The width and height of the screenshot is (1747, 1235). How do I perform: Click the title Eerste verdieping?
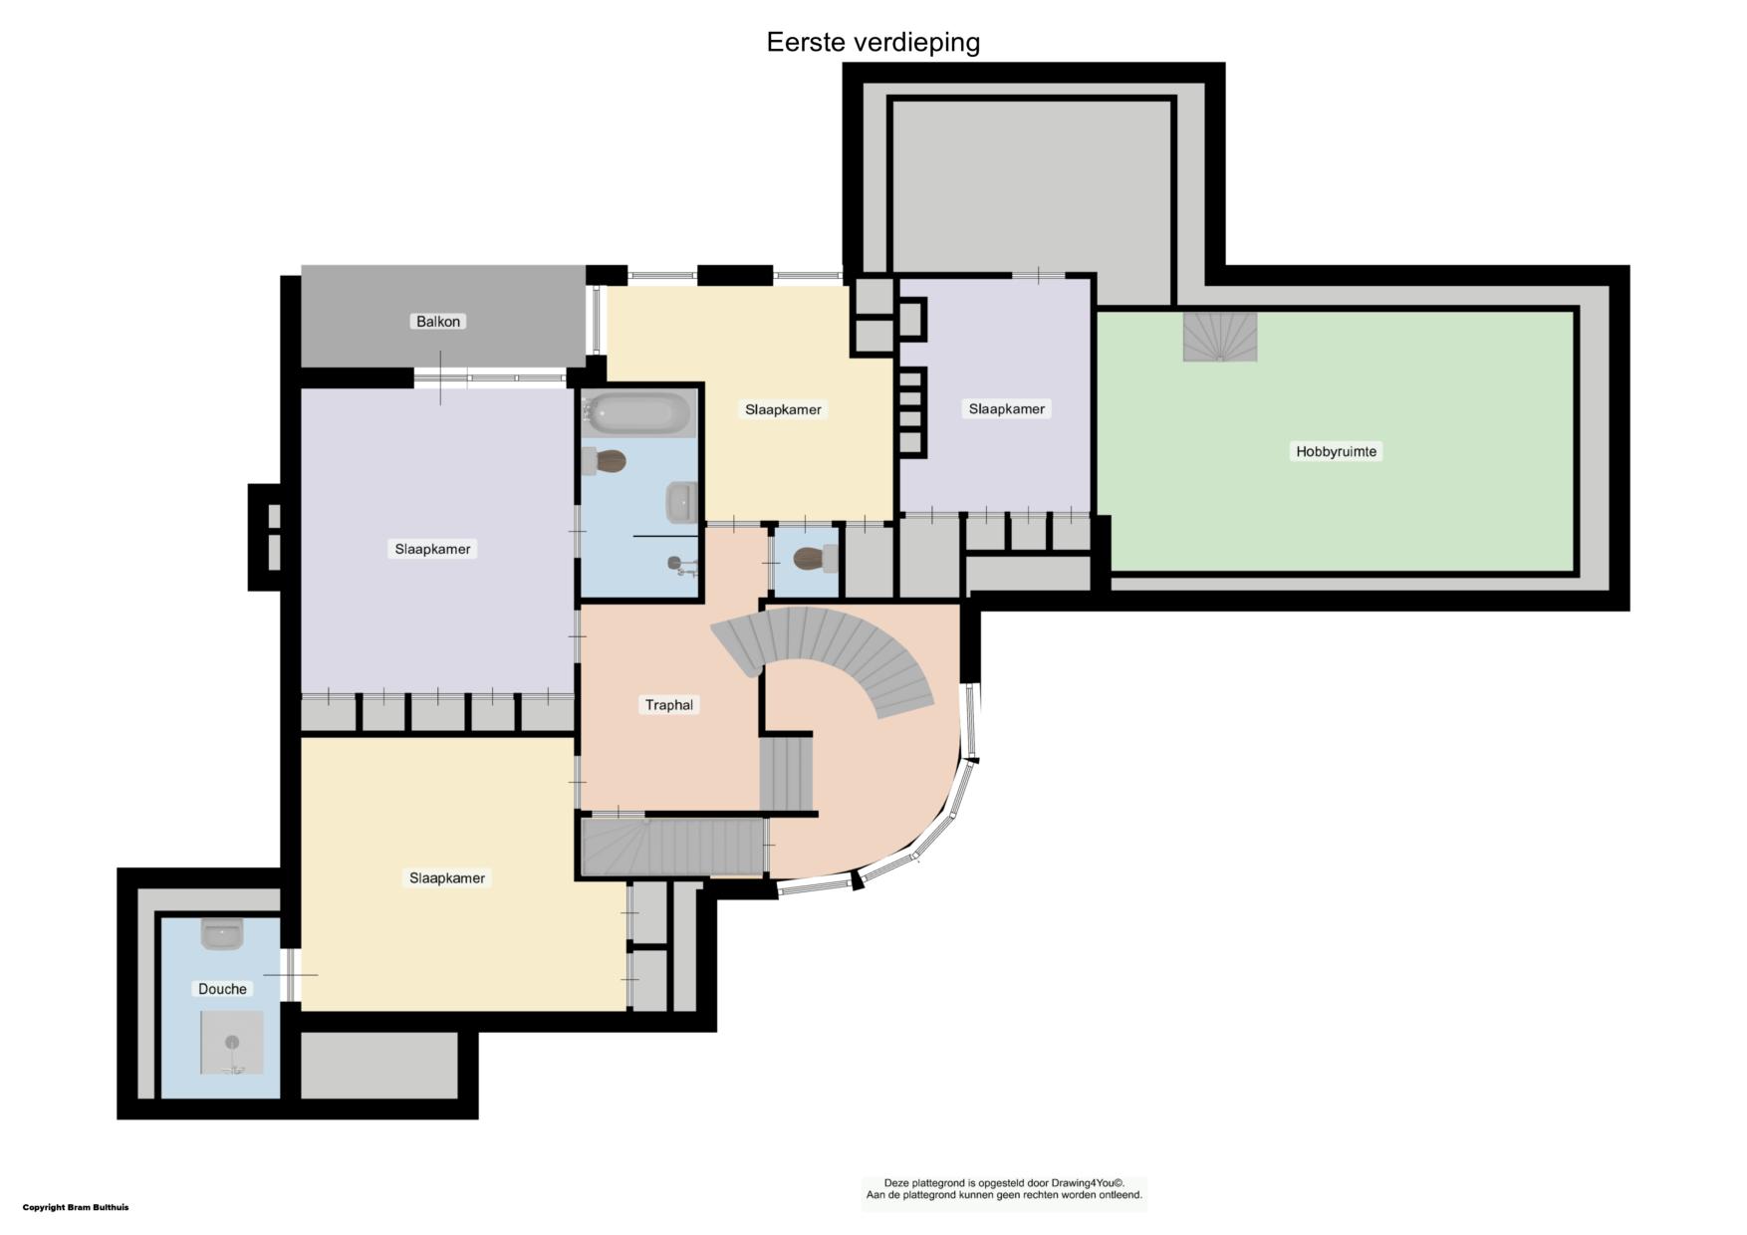point(873,43)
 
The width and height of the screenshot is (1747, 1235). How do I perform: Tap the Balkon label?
point(438,322)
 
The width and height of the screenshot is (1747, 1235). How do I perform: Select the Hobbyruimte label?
point(1336,451)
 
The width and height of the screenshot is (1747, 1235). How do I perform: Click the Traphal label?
point(669,705)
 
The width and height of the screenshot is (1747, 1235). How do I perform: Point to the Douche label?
point(222,989)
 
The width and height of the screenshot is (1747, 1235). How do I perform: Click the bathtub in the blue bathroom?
point(638,413)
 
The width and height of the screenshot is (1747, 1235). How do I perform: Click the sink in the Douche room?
point(222,933)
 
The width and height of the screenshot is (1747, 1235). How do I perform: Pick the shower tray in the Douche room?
point(232,1043)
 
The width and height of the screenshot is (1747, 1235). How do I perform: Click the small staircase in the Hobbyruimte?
point(1220,337)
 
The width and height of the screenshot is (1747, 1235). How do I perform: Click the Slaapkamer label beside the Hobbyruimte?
point(1007,409)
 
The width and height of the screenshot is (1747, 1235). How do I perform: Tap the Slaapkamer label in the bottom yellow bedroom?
point(447,878)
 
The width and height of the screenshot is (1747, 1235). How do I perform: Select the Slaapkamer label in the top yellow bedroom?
point(783,409)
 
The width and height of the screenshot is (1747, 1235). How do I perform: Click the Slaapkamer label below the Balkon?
point(432,549)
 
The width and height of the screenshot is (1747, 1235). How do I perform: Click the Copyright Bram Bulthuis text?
point(76,1207)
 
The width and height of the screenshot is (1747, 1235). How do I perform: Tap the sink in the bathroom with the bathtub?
point(681,502)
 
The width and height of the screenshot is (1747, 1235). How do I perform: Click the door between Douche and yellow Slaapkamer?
point(290,974)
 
